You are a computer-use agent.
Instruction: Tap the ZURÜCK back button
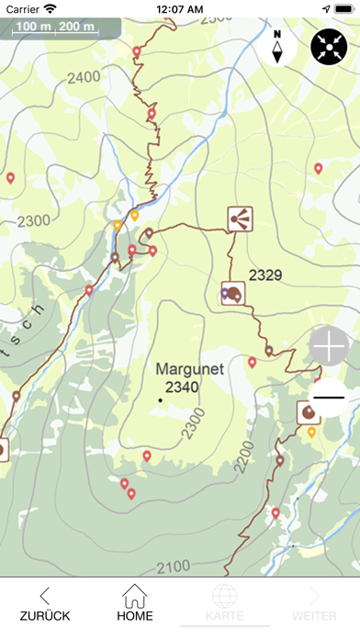pos(45,603)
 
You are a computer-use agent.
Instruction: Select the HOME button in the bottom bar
pos(135,603)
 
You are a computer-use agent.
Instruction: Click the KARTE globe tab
pos(225,603)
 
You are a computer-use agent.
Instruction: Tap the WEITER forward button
pos(314,603)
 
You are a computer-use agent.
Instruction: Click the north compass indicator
pos(277,45)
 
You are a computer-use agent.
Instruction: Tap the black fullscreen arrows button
pos(329,46)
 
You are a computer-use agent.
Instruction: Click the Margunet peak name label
pos(190,369)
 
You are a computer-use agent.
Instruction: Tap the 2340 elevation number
pos(182,387)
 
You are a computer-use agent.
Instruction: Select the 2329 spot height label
pos(264,274)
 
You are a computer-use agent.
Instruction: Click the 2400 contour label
pos(84,77)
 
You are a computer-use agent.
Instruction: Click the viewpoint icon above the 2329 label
pos(241,218)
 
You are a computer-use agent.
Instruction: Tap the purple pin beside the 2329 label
pos(225,294)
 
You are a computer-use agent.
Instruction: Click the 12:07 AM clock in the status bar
pos(180,8)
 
